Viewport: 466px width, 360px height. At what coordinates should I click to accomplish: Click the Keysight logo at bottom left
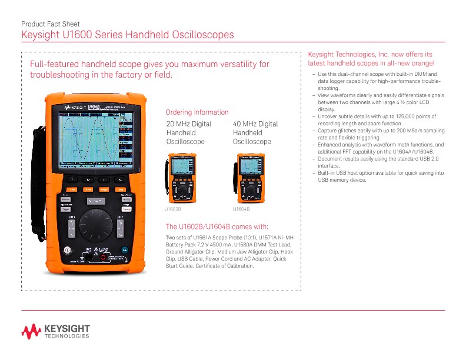pos(55,331)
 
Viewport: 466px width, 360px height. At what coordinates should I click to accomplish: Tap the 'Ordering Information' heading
pos(197,112)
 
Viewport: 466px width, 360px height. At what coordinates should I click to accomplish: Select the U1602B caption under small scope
pos(172,209)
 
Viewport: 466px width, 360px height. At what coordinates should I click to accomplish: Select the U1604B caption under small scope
pos(241,209)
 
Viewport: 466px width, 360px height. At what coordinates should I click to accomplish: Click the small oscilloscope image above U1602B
pos(182,177)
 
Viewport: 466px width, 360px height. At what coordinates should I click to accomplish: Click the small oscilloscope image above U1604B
pos(248,177)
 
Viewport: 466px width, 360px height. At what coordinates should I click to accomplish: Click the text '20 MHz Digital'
pos(189,124)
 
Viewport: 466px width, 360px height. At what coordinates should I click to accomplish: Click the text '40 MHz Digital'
pos(255,124)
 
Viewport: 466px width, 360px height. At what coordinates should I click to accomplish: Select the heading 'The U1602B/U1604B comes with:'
pos(217,226)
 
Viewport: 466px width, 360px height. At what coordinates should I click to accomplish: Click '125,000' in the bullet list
pos(384,118)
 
